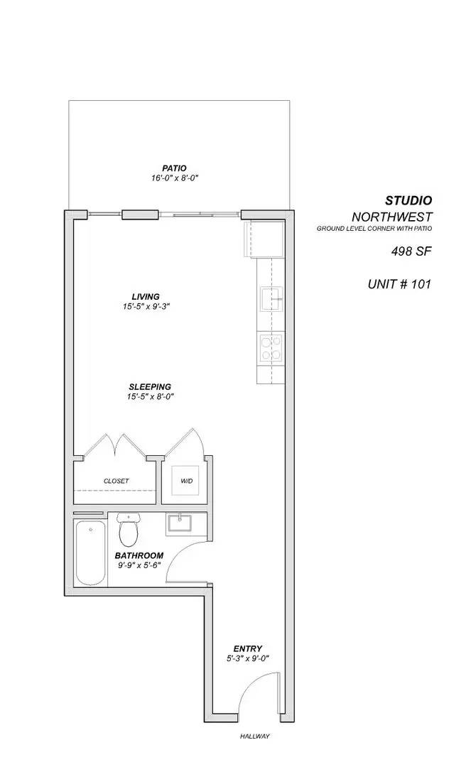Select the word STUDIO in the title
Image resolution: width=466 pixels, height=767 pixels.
408,201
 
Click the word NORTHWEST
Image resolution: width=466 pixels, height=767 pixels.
391,217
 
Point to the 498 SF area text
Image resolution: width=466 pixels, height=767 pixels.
411,251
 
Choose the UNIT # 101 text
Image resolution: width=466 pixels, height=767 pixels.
399,284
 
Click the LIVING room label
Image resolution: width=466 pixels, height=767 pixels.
145,296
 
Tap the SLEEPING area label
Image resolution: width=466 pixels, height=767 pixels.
150,386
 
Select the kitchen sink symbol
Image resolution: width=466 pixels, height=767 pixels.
271,299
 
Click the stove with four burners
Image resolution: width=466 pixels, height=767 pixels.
271,348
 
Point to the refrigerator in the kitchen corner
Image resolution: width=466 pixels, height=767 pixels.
264,239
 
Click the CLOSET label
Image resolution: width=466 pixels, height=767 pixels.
116,481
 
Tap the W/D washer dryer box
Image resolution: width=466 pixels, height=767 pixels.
185,481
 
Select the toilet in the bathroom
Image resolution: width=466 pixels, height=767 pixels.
129,531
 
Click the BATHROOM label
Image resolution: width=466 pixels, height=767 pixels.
139,555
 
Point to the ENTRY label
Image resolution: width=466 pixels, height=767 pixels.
248,648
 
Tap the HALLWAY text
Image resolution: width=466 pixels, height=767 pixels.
255,736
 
